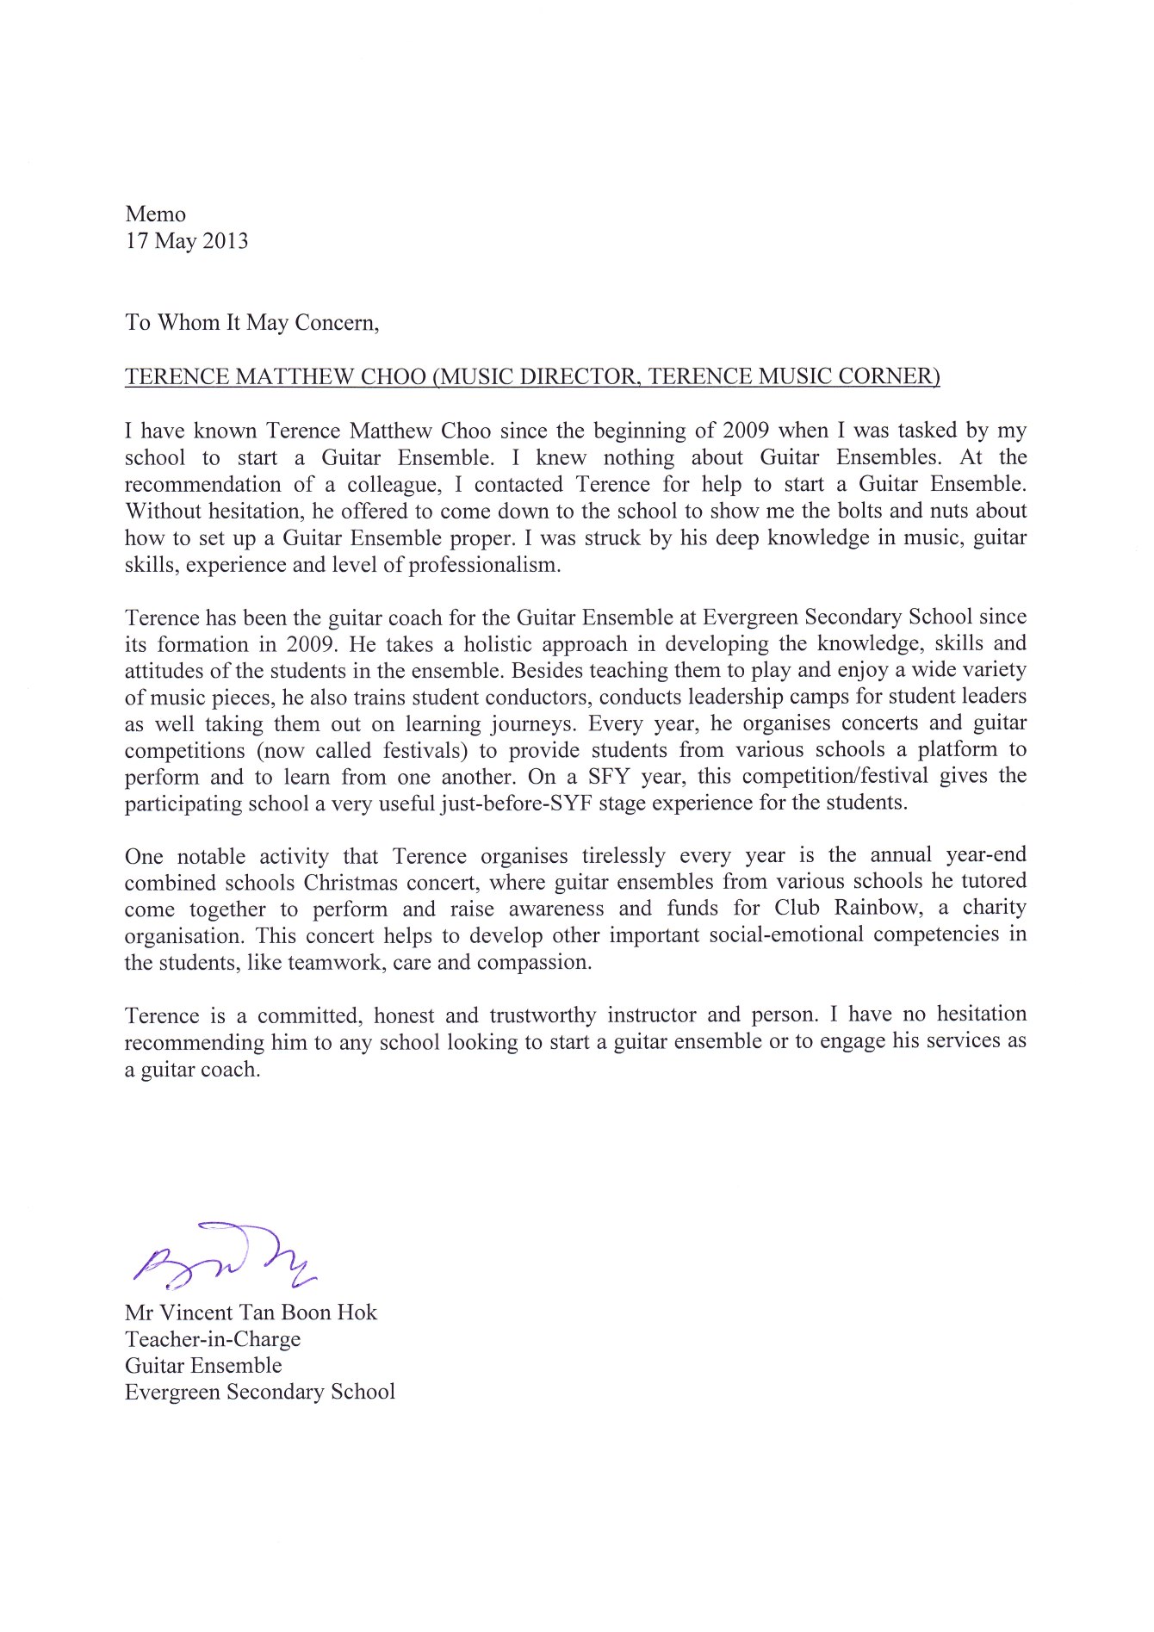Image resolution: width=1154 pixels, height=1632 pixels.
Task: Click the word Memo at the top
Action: [x=155, y=214]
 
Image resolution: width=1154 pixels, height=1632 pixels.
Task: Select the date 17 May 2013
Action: [x=187, y=241]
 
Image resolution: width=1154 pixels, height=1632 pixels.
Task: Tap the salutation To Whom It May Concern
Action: [x=251, y=323]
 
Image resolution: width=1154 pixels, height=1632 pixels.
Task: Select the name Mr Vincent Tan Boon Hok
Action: [x=251, y=1312]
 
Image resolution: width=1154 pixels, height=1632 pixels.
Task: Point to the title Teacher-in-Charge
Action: [x=213, y=1339]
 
